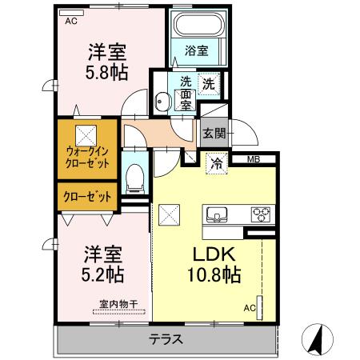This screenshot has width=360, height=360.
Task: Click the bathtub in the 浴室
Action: pyautogui.click(x=198, y=23)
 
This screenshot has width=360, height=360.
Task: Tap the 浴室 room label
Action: pyautogui.click(x=197, y=50)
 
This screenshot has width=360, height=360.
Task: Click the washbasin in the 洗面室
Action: pyautogui.click(x=162, y=102)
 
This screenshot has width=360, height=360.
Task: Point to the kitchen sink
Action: pyautogui.click(x=217, y=214)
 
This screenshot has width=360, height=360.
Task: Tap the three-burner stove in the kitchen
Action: pyautogui.click(x=261, y=214)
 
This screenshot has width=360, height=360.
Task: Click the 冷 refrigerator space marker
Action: pyautogui.click(x=217, y=163)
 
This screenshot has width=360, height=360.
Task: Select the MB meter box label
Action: pyautogui.click(x=254, y=159)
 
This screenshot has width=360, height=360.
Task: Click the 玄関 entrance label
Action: pyautogui.click(x=214, y=133)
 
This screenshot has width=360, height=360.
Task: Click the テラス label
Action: pyautogui.click(x=166, y=339)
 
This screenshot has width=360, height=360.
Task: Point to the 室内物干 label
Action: pyautogui.click(x=118, y=304)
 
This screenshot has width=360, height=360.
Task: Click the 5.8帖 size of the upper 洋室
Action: pyautogui.click(x=106, y=73)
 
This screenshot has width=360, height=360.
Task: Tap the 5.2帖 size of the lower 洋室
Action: pyautogui.click(x=102, y=274)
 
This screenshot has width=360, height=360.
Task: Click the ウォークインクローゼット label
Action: pyautogui.click(x=87, y=158)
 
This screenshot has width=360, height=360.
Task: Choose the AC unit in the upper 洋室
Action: pyautogui.click(x=71, y=13)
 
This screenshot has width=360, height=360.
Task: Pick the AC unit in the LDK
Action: pyautogui.click(x=259, y=308)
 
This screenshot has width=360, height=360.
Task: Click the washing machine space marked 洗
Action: pyautogui.click(x=209, y=84)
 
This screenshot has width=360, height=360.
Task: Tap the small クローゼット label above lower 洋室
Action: pyautogui.click(x=87, y=197)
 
